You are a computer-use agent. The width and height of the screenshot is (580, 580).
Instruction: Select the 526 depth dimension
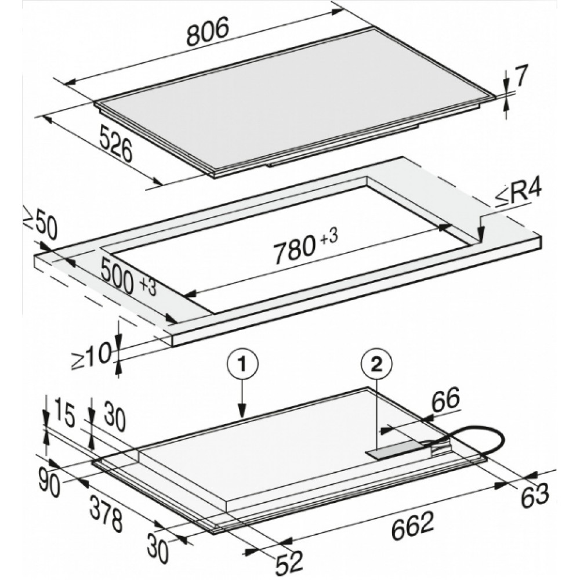116,143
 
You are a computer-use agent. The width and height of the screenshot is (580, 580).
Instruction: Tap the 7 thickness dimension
520,76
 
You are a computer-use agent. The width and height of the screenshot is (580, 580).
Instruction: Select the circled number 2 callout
376,365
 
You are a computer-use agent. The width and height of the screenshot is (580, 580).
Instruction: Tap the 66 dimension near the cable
446,399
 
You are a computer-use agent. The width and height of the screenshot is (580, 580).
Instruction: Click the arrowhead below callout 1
242,413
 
